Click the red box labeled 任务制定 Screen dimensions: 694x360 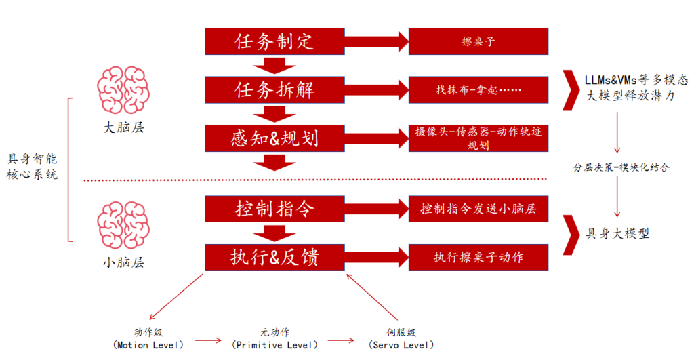tap(274, 41)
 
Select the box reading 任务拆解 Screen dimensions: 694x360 tap(274, 90)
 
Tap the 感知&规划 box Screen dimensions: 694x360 tap(274, 138)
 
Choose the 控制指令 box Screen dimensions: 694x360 tap(274, 209)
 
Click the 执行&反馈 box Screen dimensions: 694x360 tap(274, 257)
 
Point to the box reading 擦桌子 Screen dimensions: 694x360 tap(478, 41)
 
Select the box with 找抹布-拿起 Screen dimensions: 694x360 tap(478, 90)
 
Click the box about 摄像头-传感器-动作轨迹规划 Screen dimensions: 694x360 tap(478, 138)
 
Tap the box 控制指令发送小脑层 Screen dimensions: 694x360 tap(478, 209)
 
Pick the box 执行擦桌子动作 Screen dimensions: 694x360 tap(478, 257)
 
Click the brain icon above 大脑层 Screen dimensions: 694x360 tap(123, 90)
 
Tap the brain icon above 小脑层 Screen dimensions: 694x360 tap(123, 225)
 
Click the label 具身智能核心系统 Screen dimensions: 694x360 tap(33, 167)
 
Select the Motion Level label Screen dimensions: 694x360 tap(148, 339)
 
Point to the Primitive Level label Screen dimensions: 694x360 tap(275, 339)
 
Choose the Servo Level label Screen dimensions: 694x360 tap(401, 339)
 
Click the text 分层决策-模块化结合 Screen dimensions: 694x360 tap(621, 167)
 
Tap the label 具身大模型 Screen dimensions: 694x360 tap(617, 233)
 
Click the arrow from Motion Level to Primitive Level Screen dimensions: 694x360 tap(208, 340)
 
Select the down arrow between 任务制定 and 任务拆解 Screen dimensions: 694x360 tap(274, 66)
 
